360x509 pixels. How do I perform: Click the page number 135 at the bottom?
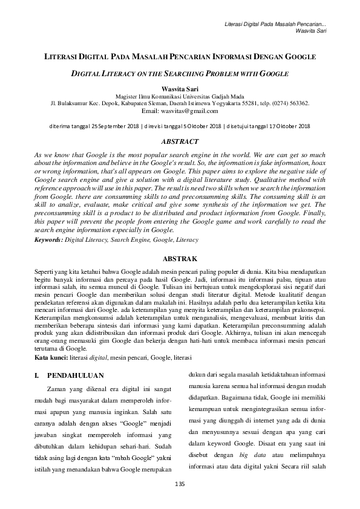179,484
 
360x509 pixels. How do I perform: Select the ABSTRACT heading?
180,141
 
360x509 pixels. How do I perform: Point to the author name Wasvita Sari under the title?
180,88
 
